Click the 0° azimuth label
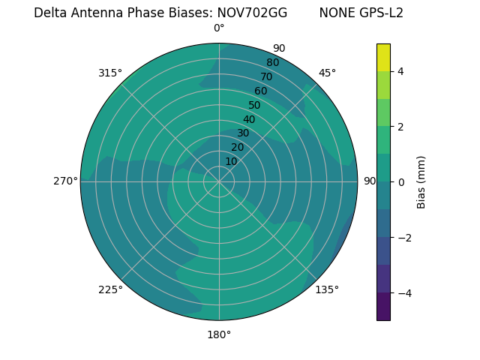(x=219, y=28)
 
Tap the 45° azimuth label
(x=327, y=73)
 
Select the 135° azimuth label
(x=327, y=289)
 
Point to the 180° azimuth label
(x=219, y=334)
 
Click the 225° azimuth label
(x=110, y=289)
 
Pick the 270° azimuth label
(x=65, y=181)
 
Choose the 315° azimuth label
(x=110, y=73)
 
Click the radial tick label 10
(x=231, y=161)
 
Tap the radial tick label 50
(x=255, y=105)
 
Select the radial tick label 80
(x=272, y=62)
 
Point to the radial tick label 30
(x=243, y=133)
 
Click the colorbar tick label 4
(x=401, y=71)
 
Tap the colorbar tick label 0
(x=401, y=181)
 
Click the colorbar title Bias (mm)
(x=421, y=182)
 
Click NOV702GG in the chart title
(x=252, y=13)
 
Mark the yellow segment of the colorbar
(x=383, y=57)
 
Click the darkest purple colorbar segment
(x=383, y=307)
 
